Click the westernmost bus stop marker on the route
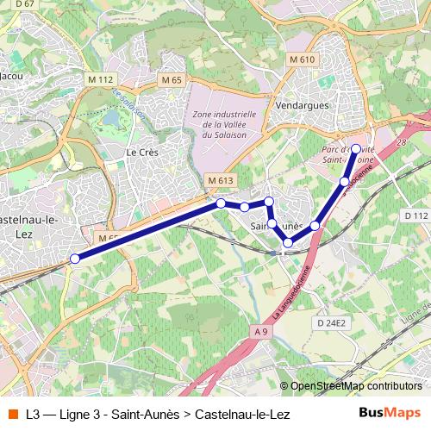tap(75, 259)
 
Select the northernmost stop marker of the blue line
tap(356, 149)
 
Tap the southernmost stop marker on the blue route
tap(288, 242)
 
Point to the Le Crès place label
tap(140, 152)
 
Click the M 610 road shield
tap(303, 59)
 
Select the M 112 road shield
tap(101, 79)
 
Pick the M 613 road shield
tap(221, 180)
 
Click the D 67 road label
tap(25, 4)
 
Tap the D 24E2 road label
tap(330, 322)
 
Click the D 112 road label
tap(416, 215)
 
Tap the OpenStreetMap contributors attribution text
tap(355, 386)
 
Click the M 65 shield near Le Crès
tap(171, 79)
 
